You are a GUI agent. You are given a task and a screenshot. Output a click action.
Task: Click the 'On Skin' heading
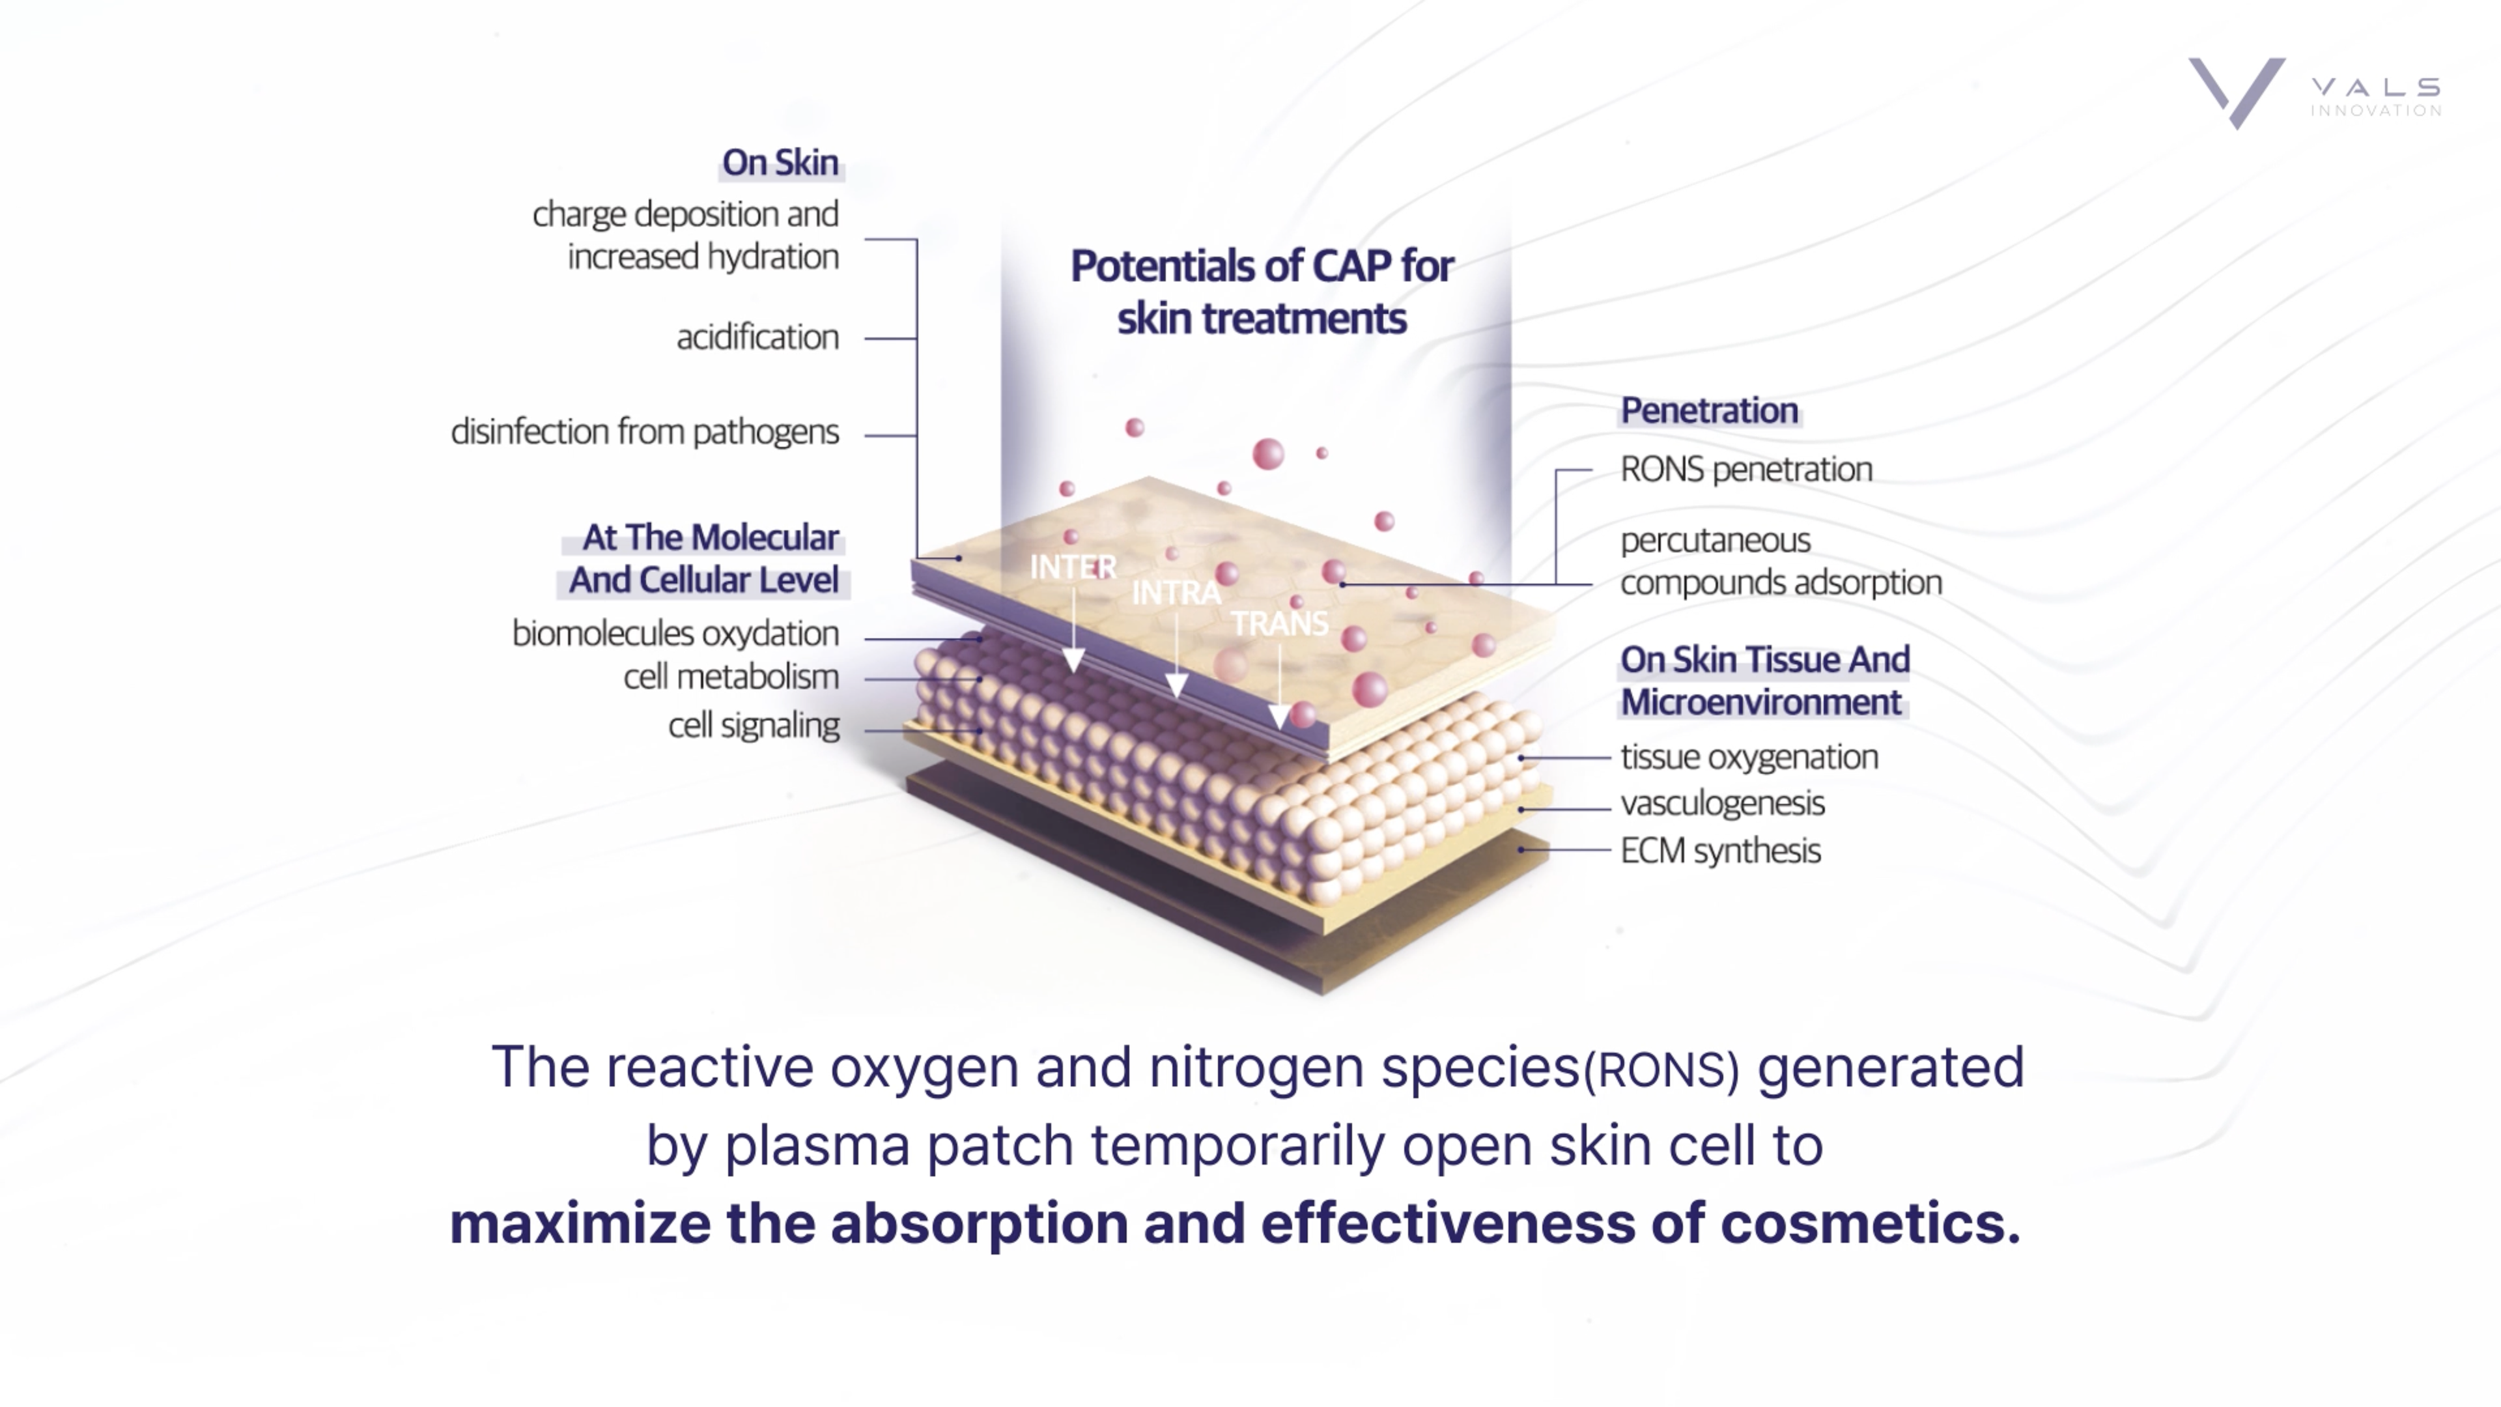(x=780, y=162)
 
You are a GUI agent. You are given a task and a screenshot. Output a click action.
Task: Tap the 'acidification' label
(x=757, y=337)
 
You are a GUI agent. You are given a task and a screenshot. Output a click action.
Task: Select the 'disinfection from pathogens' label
(x=645, y=432)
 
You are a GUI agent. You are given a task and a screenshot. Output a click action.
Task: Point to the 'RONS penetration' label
(x=1745, y=470)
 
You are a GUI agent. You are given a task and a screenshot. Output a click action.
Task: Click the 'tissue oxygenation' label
(x=1749, y=756)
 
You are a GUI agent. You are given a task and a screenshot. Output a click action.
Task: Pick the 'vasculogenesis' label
(x=1722, y=804)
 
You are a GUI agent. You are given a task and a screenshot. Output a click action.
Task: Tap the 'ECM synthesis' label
(x=1720, y=851)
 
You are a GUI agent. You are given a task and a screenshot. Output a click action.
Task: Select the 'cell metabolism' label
(x=731, y=677)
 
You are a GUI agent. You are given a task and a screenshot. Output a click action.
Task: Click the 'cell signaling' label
(x=754, y=726)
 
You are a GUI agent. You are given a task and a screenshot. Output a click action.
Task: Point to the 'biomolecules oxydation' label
(x=675, y=633)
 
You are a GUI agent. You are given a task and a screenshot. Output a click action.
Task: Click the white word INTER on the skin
(x=1073, y=567)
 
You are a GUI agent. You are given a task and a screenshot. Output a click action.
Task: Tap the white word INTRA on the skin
(x=1176, y=592)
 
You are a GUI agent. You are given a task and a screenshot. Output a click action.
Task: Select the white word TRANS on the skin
(x=1279, y=623)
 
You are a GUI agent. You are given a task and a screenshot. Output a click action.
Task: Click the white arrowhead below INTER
(x=1073, y=661)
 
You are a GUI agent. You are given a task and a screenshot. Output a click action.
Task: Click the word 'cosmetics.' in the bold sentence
(x=1870, y=1223)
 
